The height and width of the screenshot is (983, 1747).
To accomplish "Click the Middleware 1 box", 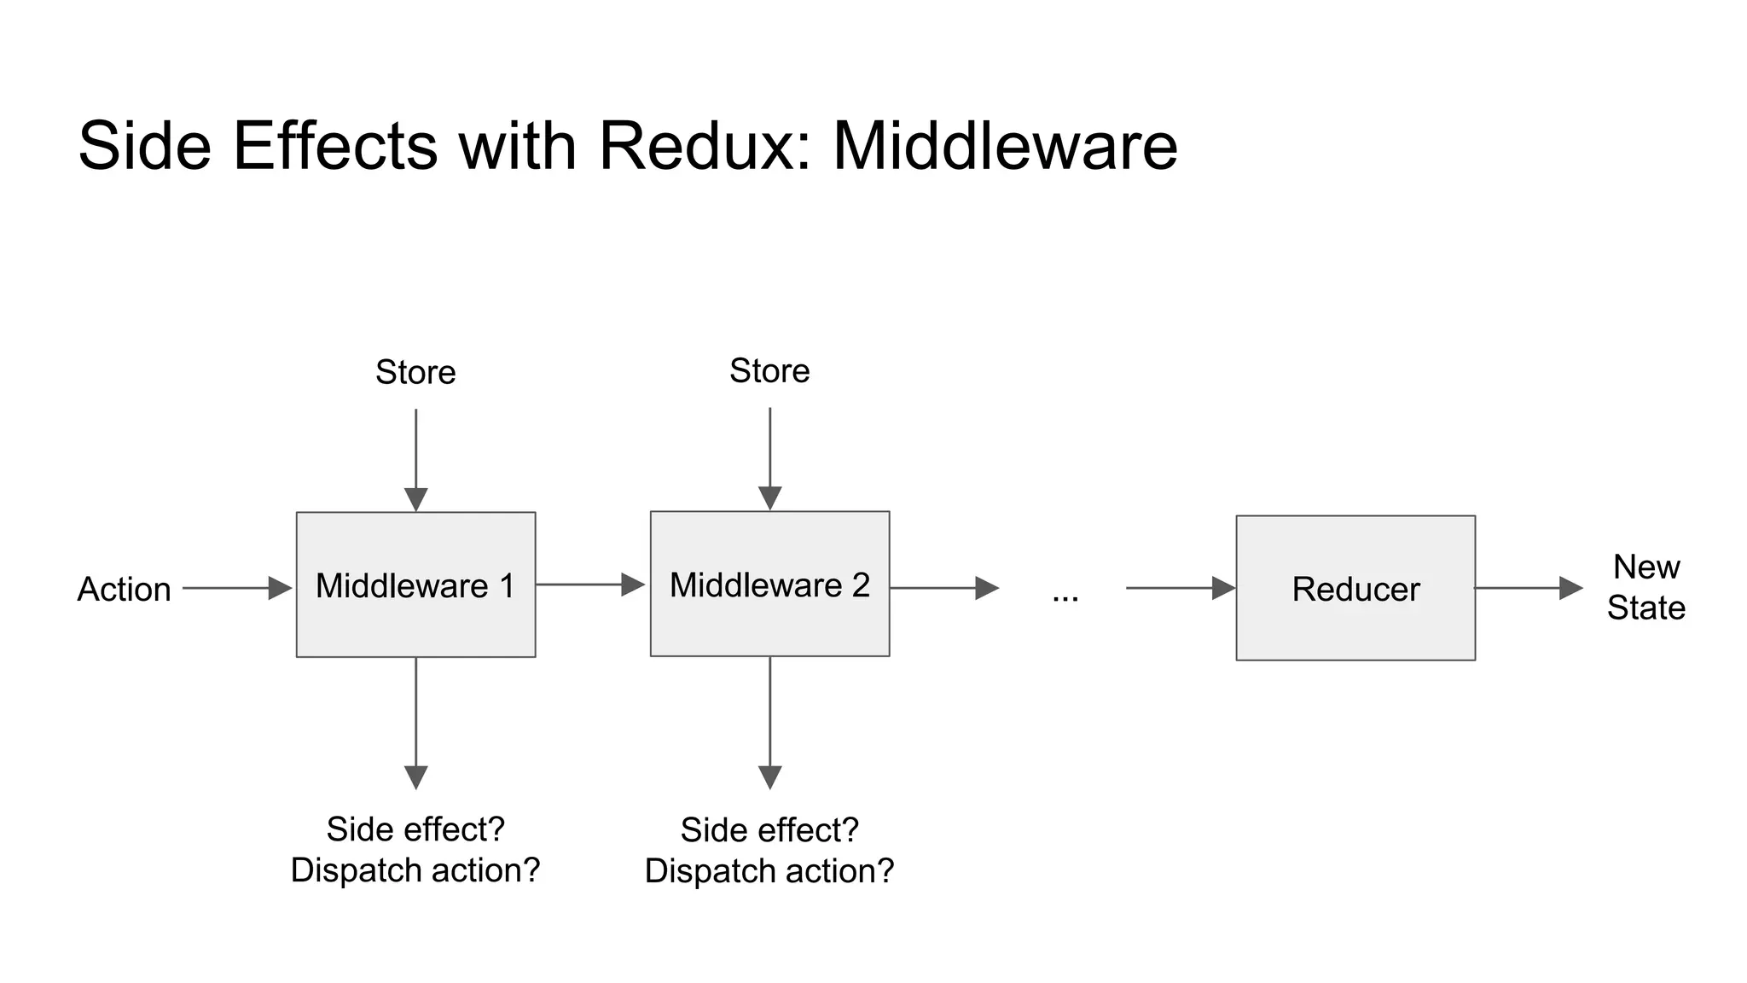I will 415,585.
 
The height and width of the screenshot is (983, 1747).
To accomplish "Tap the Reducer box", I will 1355,588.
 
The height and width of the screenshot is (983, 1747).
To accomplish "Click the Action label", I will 125,589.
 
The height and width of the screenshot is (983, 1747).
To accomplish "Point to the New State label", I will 1645,587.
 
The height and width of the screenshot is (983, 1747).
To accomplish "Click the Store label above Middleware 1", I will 415,372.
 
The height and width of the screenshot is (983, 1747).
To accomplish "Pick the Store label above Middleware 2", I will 769,370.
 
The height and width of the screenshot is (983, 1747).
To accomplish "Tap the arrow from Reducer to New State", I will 1528,588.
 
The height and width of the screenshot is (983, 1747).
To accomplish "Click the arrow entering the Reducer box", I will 1180,588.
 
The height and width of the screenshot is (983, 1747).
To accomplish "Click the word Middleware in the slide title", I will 1005,146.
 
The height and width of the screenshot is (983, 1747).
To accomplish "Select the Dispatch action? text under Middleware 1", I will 415,870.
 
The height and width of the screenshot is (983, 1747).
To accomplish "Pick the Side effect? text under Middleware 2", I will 769,829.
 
